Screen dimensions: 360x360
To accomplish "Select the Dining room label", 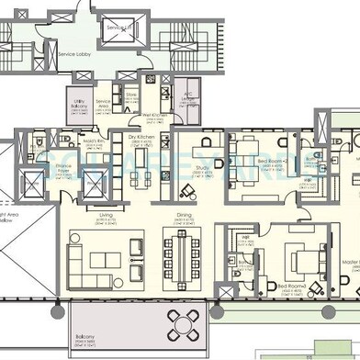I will [x=184, y=217].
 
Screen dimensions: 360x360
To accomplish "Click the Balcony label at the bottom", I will [x=84, y=349].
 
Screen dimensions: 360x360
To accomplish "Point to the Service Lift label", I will [x=117, y=28].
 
